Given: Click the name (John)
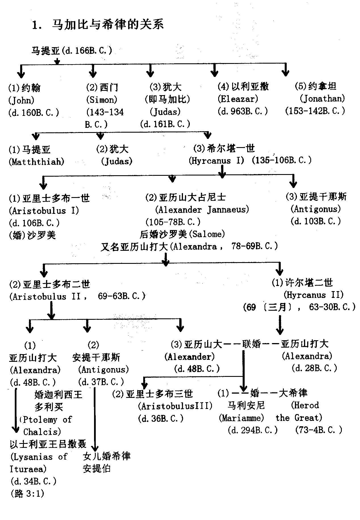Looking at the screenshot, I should click(22, 100).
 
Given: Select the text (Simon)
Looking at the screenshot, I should click(101, 100).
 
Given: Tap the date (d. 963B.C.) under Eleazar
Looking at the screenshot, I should click(242, 111).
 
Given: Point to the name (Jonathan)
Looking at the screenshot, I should click(322, 99).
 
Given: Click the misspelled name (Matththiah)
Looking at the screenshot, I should click(36, 162).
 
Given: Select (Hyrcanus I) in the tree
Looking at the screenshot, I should click(216, 161).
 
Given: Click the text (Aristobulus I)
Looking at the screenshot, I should click(44, 211).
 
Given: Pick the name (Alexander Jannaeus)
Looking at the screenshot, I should click(202, 210).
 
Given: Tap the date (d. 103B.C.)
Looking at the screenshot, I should click(315, 221).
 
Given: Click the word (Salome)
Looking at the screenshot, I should click(207, 234).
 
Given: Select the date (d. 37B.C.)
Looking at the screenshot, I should click(101, 382).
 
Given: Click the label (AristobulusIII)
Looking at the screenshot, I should click(175, 406).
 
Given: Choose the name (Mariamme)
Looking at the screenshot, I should click(241, 418).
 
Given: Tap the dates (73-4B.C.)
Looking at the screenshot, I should click(319, 430).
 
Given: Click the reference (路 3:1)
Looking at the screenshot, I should click(27, 494).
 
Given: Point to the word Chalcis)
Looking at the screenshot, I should click(42, 432).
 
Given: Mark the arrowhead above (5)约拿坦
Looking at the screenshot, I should click(285, 73).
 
